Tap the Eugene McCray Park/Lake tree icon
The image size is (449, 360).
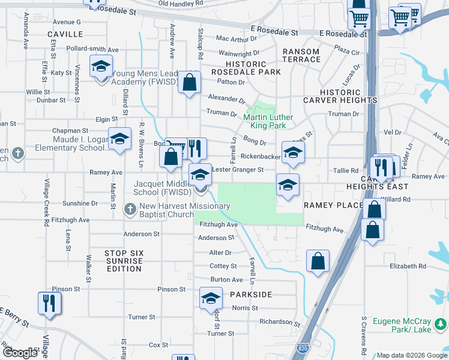pos(441,325)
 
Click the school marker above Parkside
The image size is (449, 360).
pos(211,298)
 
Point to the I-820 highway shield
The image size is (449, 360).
pos(302,348)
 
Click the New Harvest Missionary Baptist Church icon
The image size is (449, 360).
pos(129,209)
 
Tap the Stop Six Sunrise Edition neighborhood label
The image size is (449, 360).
pos(124,261)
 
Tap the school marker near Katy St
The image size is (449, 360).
pos(101,66)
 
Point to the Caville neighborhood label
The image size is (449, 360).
pos(65,34)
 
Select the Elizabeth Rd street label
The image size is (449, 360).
pos(408,266)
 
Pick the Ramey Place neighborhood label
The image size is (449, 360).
pos(333,205)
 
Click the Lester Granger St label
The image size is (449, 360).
pos(238,170)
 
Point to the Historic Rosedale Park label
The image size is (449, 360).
pos(246,68)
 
